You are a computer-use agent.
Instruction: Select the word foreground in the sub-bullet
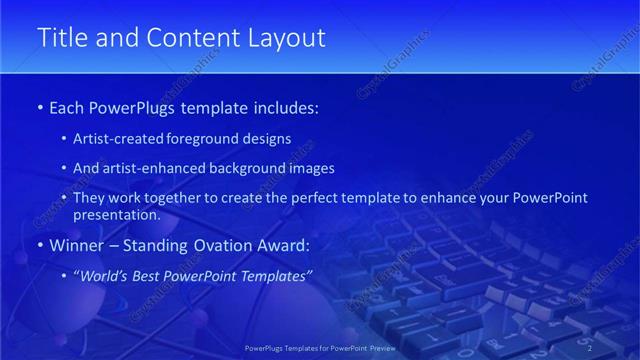213,139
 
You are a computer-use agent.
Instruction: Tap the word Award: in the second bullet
286,245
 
